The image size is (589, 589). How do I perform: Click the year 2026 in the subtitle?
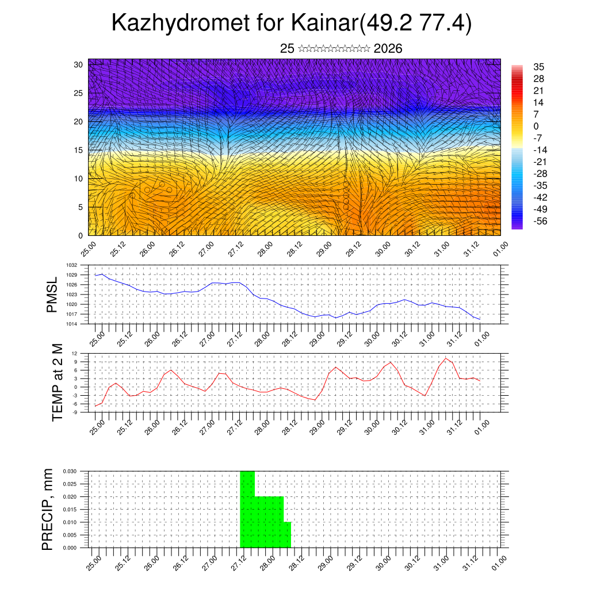pyautogui.click(x=388, y=49)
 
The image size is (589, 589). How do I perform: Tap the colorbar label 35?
pyautogui.click(x=540, y=67)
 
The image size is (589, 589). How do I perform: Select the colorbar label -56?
pyautogui.click(x=540, y=221)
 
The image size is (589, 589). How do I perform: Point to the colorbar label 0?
pyautogui.click(x=537, y=126)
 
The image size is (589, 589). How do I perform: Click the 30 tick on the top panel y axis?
pyautogui.click(x=78, y=64)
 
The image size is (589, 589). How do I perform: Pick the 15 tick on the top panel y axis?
pyautogui.click(x=78, y=150)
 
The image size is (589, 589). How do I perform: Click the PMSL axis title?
pyautogui.click(x=52, y=294)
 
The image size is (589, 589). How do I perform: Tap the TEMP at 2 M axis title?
pyautogui.click(x=57, y=383)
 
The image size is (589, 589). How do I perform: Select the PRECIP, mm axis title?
pyautogui.click(x=47, y=509)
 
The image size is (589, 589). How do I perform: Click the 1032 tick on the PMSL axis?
pyautogui.click(x=71, y=265)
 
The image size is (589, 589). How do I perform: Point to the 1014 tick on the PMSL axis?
pyautogui.click(x=71, y=324)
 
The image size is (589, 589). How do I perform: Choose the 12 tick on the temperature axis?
pyautogui.click(x=74, y=353)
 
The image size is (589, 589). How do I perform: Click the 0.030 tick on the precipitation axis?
pyautogui.click(x=70, y=471)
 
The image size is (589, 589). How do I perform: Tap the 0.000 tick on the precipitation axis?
pyautogui.click(x=70, y=548)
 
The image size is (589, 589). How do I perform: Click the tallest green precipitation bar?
pyautogui.click(x=247, y=509)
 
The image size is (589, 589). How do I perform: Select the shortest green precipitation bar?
pyautogui.click(x=287, y=535)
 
